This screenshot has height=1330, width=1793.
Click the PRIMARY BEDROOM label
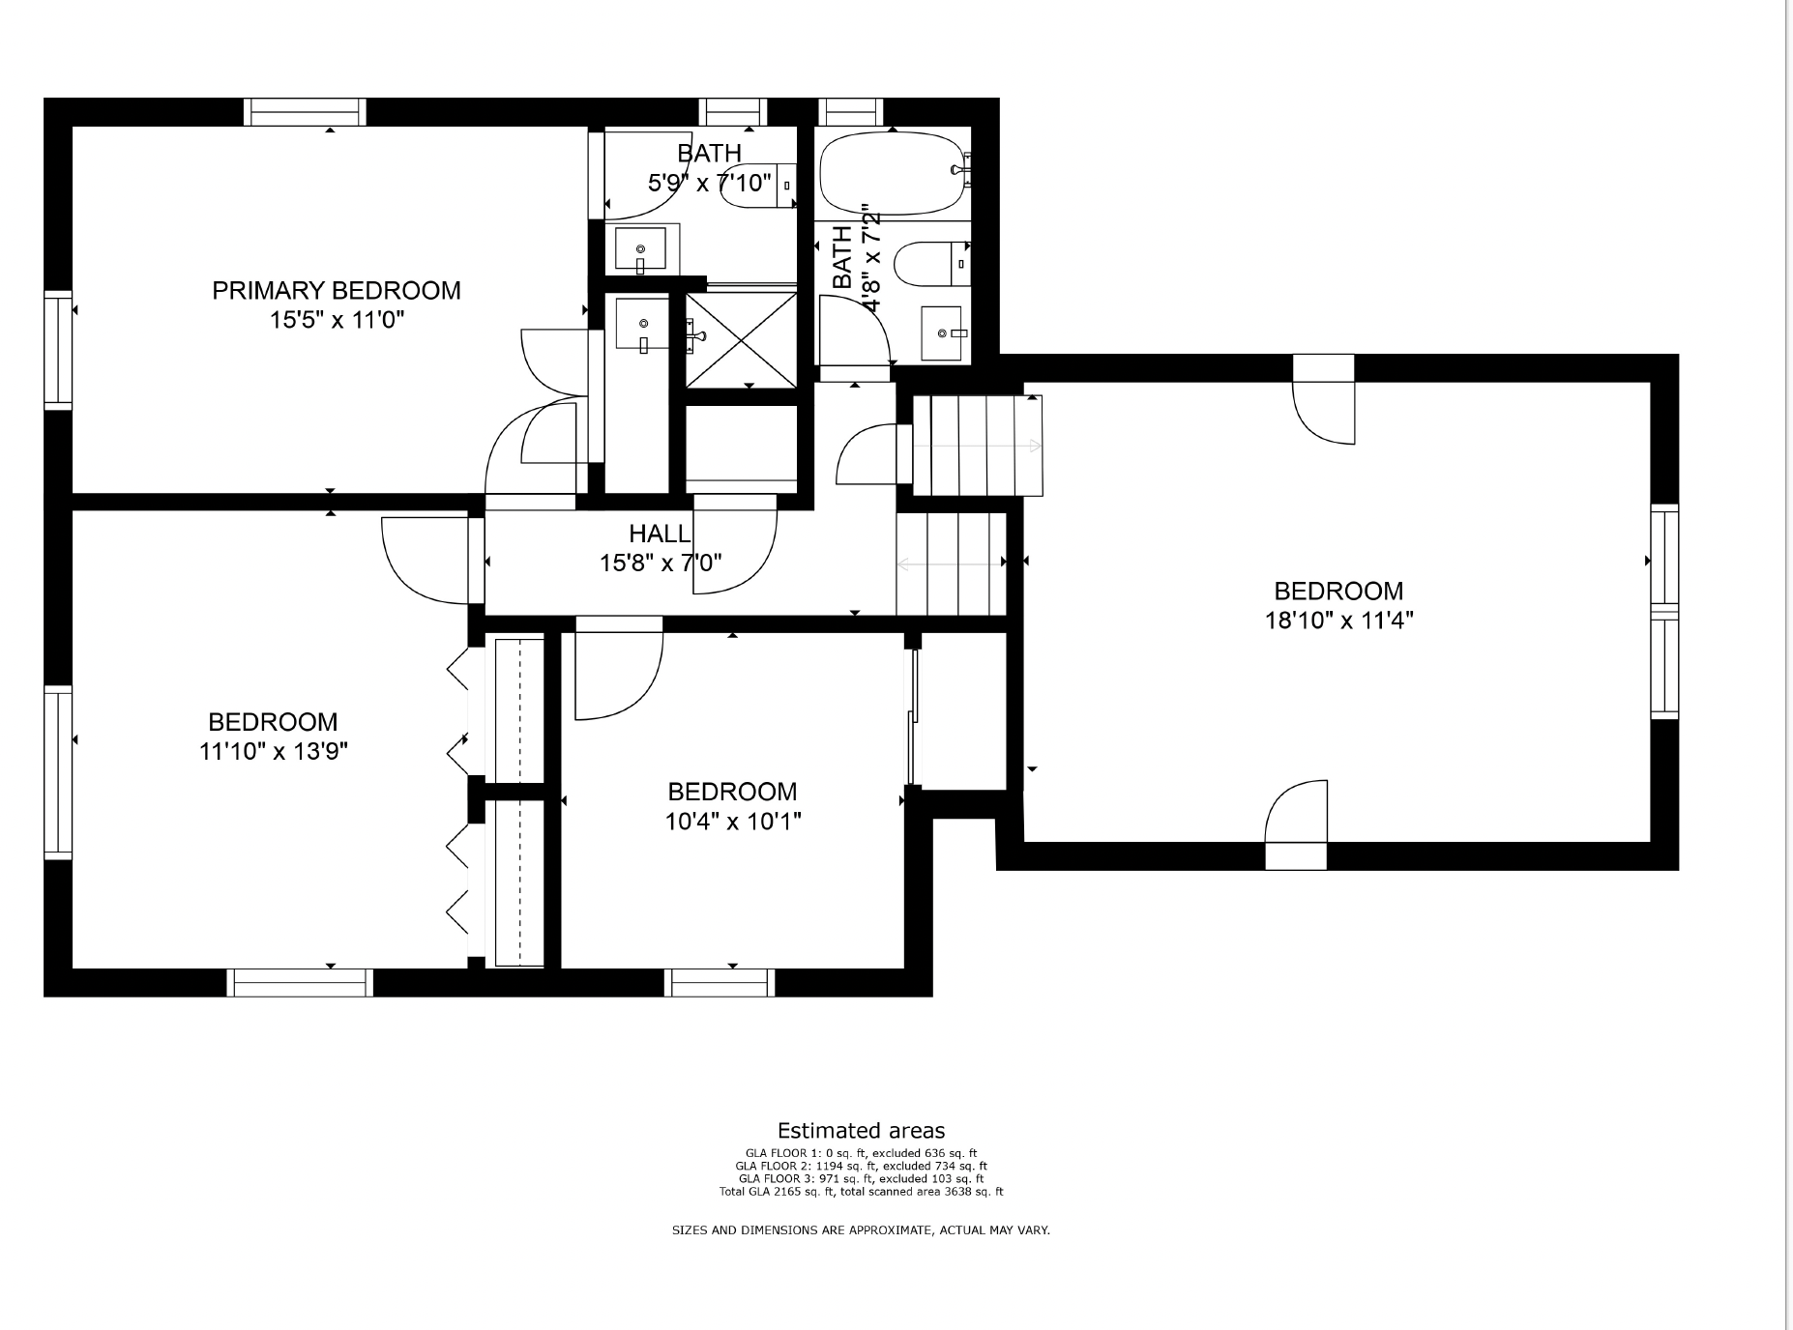[337, 290]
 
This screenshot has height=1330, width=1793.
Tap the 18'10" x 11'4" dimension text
[1339, 621]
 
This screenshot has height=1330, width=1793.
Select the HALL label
[661, 534]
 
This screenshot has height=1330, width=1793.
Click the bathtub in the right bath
[892, 173]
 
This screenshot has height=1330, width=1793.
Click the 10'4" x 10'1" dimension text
[733, 822]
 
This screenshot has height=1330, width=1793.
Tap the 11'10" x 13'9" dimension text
[274, 751]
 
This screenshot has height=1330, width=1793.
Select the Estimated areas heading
[862, 1131]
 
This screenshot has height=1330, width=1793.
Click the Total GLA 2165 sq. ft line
[862, 1192]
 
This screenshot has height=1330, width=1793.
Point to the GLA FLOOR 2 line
[862, 1166]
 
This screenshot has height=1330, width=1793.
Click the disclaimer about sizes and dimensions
[862, 1230]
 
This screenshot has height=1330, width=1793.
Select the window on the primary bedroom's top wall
[305, 112]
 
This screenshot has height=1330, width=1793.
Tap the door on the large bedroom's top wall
[1324, 399]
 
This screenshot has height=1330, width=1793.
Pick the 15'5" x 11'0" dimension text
[337, 320]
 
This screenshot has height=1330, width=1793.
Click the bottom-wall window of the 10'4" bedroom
[720, 982]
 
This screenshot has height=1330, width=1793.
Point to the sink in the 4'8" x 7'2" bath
[942, 333]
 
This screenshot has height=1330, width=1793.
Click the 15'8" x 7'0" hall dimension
[661, 563]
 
